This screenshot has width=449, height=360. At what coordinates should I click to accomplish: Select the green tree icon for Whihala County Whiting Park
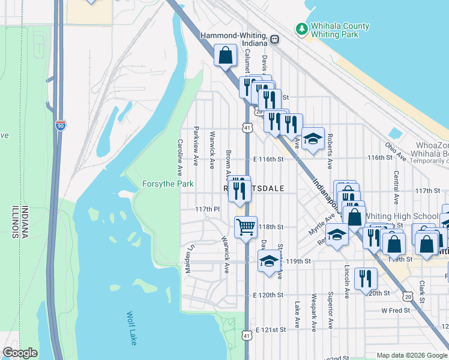(x=301, y=28)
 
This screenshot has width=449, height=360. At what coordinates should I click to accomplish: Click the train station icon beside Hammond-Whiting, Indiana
(x=274, y=40)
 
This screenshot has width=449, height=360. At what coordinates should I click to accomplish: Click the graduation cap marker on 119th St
(x=269, y=260)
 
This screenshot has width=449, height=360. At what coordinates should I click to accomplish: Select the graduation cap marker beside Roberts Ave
(x=313, y=139)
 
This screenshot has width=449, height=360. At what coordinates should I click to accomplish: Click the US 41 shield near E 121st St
(x=247, y=337)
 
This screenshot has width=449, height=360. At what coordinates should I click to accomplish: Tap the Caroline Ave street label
(x=179, y=154)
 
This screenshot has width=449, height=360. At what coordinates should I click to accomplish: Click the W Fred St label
(x=396, y=310)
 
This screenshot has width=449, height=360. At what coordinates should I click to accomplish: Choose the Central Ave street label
(x=396, y=187)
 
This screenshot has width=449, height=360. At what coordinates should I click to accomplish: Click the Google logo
(x=20, y=353)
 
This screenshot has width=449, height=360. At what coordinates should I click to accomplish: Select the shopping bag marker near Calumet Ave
(x=225, y=56)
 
